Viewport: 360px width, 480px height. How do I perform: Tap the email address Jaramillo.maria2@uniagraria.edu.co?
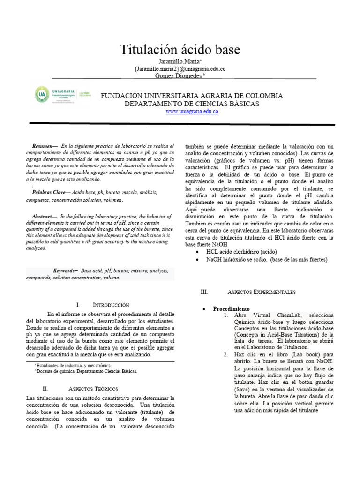[x=180, y=69]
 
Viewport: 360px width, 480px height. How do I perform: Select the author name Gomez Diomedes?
[x=179, y=75]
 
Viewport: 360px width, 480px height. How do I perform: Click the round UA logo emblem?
[x=41, y=95]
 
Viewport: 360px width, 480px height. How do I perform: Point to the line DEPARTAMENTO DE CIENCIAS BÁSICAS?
[x=192, y=104]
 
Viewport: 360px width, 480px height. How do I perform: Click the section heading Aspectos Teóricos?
[x=93, y=389]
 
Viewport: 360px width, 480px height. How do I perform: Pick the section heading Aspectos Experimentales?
[x=261, y=292]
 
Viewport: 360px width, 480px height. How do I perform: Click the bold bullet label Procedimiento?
[x=231, y=309]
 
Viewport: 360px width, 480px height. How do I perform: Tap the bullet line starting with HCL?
[x=239, y=252]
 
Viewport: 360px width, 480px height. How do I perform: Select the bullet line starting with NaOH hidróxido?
[x=266, y=259]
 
